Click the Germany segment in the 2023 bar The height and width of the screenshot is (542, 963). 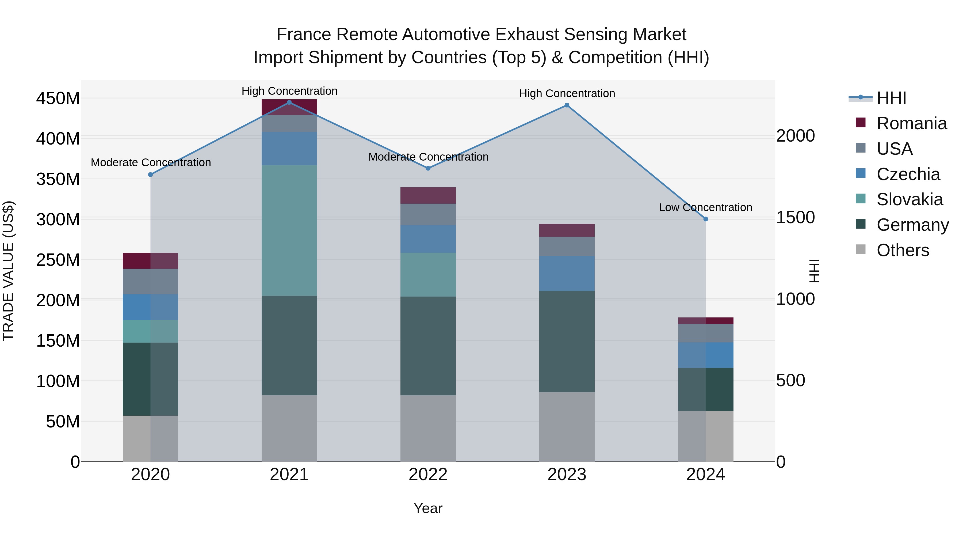(567, 341)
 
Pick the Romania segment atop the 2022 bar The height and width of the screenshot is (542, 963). (428, 195)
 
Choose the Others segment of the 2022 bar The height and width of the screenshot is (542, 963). (428, 428)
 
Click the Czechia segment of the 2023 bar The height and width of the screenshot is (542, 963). (567, 274)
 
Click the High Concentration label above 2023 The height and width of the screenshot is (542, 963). (567, 93)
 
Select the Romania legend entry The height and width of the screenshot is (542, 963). (911, 123)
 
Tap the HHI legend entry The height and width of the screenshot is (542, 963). (891, 98)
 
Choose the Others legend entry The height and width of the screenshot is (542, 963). (903, 250)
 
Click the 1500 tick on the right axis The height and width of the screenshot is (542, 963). (796, 217)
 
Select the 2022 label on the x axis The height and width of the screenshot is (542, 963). (428, 474)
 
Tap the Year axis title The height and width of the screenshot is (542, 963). (428, 508)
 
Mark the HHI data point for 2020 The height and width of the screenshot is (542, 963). (151, 174)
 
